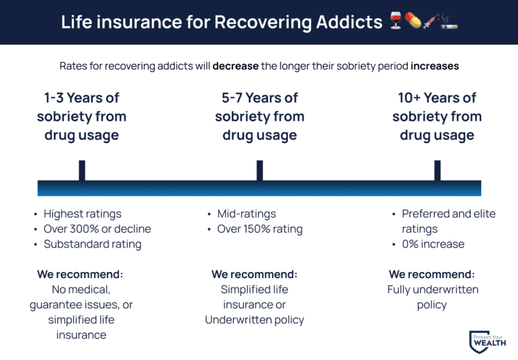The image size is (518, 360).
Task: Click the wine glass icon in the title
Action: click(396, 22)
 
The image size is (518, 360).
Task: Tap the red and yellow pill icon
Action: click(412, 22)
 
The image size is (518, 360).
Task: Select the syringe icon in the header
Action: click(429, 22)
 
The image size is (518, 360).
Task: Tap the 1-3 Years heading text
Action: click(82, 98)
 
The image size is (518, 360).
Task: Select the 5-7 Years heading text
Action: click(259, 98)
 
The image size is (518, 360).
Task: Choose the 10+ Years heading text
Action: click(437, 98)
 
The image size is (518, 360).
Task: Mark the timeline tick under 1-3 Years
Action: click(82, 170)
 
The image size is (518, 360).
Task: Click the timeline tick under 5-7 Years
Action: click(260, 170)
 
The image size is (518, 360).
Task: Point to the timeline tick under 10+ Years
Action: click(438, 170)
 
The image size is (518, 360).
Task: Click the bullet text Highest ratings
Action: click(82, 214)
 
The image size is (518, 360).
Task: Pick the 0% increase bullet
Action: click(433, 245)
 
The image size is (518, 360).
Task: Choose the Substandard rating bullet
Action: click(92, 245)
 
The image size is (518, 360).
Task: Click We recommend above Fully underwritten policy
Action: click(432, 274)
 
